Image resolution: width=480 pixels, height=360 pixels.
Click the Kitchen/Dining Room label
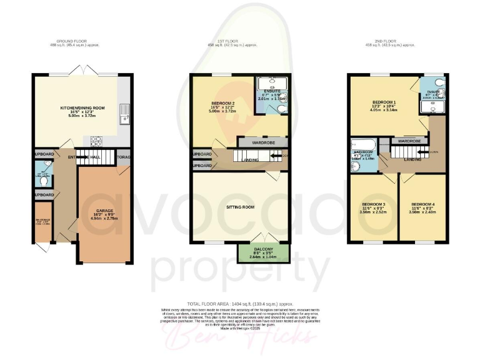(x=82, y=108)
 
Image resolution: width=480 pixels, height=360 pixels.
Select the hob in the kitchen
(x=97, y=139)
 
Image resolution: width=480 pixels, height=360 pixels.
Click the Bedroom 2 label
(x=222, y=103)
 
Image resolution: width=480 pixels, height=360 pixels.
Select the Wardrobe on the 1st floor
(x=263, y=143)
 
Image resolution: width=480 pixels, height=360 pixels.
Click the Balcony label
(x=263, y=249)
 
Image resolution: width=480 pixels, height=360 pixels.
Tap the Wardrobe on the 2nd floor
(x=409, y=141)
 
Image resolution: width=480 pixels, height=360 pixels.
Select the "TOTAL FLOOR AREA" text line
(x=239, y=302)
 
